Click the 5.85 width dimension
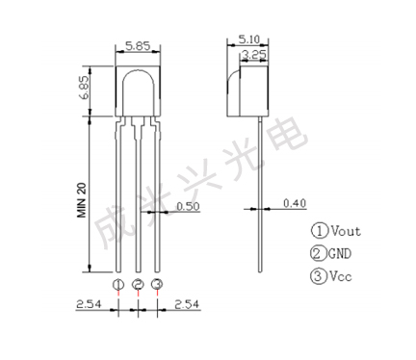pyautogui.click(x=138, y=46)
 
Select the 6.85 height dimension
pyautogui.click(x=86, y=88)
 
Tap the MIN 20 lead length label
pyautogui.click(x=82, y=200)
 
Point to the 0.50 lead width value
pyautogui.click(x=188, y=206)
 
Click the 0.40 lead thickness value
pyautogui.click(x=295, y=203)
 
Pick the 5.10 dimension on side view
pyautogui.click(x=248, y=39)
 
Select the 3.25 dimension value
pyautogui.click(x=254, y=55)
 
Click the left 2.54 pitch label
pyautogui.click(x=89, y=304)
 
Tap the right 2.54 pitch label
pyautogui.click(x=187, y=304)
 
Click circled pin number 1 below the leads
pyautogui.click(x=118, y=284)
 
